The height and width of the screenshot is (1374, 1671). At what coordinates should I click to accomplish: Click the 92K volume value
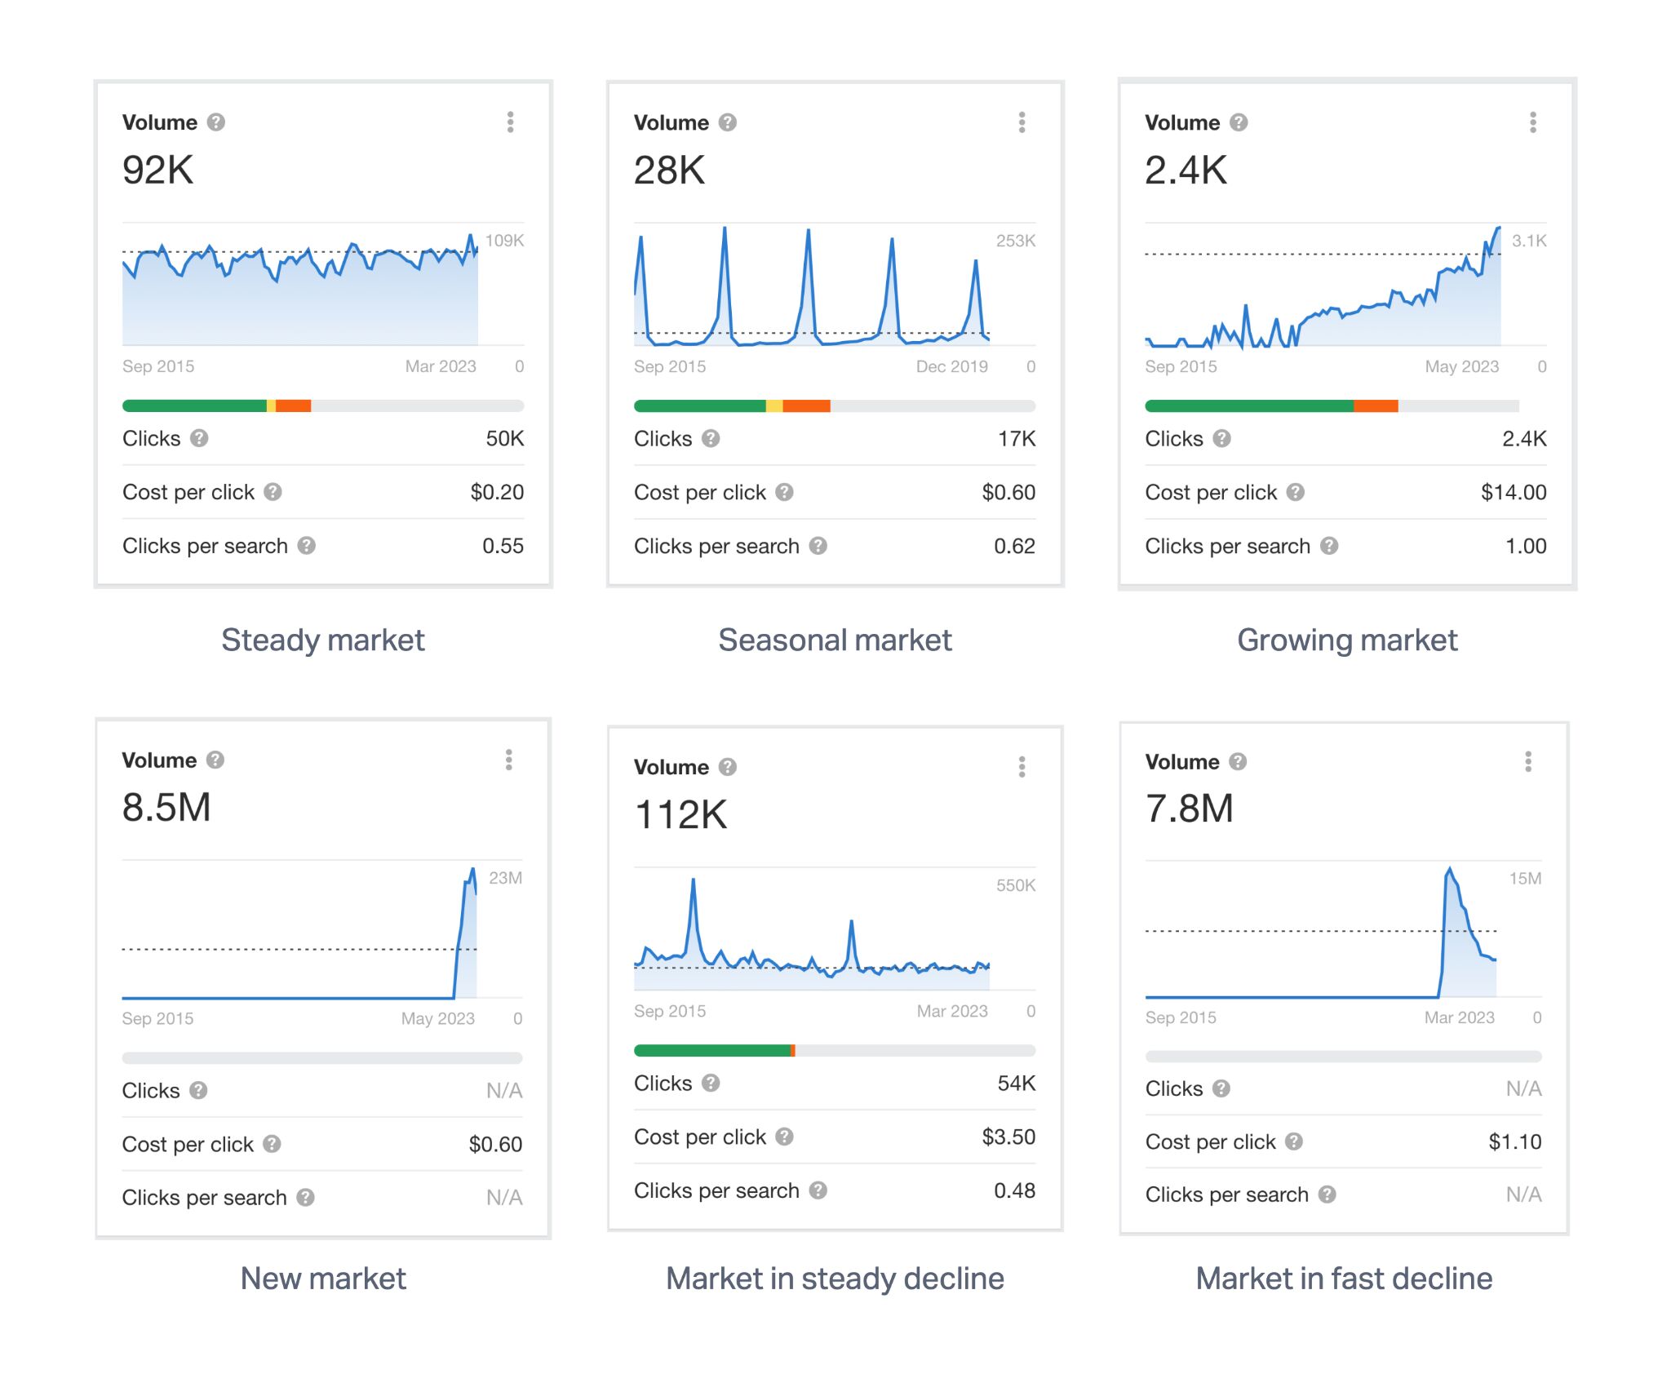[157, 171]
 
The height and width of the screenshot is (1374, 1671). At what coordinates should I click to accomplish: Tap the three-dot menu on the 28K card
[1022, 122]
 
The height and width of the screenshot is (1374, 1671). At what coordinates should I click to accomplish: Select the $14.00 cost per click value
[1513, 492]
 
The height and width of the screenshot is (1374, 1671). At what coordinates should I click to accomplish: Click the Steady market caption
[323, 640]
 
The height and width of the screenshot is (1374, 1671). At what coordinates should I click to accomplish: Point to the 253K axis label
[1015, 241]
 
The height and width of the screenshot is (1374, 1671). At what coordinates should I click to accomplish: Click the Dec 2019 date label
[951, 366]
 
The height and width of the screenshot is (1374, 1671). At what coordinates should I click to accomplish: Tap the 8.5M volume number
[166, 808]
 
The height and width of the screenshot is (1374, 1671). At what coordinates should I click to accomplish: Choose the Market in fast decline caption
[1344, 1278]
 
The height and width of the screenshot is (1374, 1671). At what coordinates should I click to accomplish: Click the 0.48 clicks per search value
[1014, 1190]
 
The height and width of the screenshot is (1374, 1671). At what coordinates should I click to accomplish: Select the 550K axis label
[1015, 885]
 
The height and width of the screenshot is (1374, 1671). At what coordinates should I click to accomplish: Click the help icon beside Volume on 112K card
[728, 767]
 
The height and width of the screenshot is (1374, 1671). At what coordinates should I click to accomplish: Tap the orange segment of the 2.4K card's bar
[1376, 406]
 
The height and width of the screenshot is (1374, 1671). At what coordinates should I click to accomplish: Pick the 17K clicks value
[1017, 439]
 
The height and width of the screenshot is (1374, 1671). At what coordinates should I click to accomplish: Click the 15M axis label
[1524, 879]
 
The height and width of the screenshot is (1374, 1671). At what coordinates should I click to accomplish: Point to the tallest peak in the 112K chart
[694, 880]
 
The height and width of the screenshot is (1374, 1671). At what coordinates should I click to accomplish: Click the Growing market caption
[1347, 640]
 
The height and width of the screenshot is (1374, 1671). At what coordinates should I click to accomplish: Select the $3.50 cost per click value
[1008, 1137]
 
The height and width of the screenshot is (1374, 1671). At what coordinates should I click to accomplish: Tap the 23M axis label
[505, 878]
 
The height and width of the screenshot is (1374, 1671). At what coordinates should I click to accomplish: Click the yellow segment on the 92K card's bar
[271, 406]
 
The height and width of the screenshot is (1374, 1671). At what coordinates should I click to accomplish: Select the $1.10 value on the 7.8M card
[1514, 1141]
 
